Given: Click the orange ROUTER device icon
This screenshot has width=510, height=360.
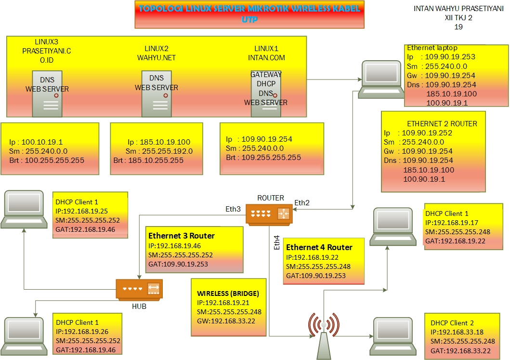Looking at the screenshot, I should [x=269, y=213].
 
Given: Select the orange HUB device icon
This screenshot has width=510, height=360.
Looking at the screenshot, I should [x=139, y=289].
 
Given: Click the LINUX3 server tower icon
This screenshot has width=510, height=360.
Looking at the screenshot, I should [x=47, y=94].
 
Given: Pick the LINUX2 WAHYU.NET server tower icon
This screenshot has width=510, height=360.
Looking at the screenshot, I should [x=157, y=94].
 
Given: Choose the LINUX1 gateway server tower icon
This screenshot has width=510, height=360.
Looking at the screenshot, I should [x=265, y=94].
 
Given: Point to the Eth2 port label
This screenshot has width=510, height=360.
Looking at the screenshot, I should [x=302, y=202].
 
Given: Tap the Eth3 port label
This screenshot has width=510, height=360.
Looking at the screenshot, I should [x=233, y=209].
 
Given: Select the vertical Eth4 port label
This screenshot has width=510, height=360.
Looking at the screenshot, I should [x=276, y=242].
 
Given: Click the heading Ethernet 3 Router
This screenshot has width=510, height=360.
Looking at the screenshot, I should [x=182, y=236].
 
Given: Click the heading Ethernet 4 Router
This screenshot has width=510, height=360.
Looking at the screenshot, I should [x=319, y=247].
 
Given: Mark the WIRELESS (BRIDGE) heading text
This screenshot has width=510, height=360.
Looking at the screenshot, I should [x=228, y=293].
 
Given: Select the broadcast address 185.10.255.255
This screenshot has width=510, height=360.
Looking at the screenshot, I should [x=156, y=160].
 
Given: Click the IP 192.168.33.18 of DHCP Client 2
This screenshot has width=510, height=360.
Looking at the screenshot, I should [x=459, y=332].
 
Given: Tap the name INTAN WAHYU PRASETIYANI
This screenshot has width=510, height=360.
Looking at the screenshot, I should [x=448, y=9].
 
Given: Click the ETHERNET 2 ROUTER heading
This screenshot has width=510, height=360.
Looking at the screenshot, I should [x=442, y=123].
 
